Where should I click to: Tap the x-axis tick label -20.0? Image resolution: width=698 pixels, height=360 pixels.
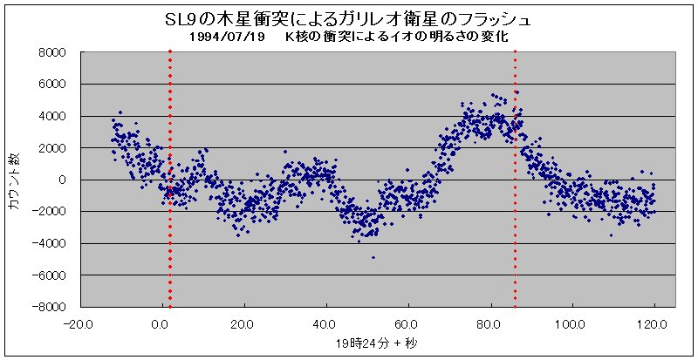78,324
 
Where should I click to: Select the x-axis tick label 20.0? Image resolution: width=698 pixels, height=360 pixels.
243,324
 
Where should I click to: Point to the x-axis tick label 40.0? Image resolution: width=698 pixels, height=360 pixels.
325,324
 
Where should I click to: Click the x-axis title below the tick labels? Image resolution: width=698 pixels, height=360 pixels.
367,343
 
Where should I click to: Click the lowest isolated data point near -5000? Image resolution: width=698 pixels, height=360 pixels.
373,258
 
